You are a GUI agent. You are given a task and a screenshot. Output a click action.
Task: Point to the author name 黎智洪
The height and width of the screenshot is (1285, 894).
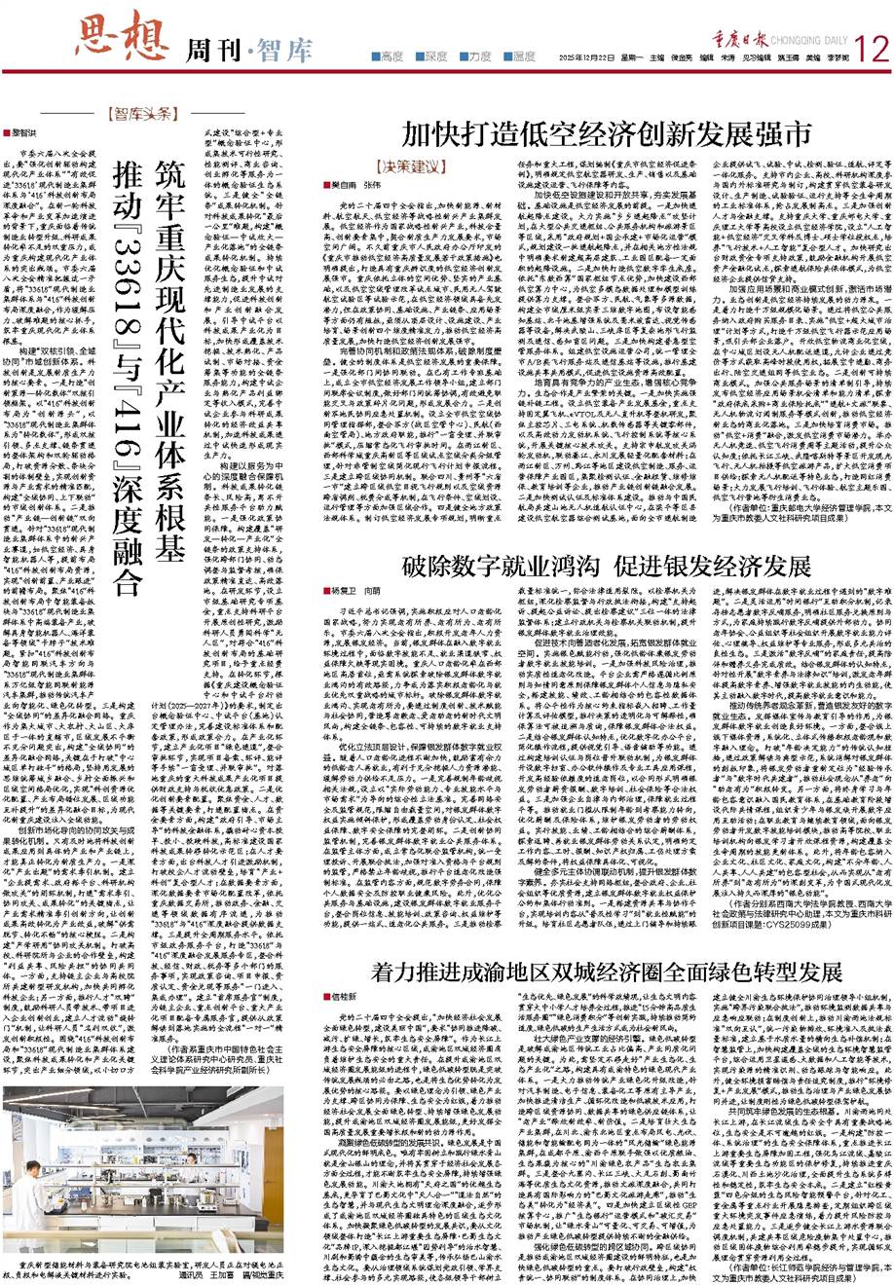(24, 130)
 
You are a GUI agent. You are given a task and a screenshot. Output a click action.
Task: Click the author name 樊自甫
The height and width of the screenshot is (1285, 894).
(332, 186)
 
